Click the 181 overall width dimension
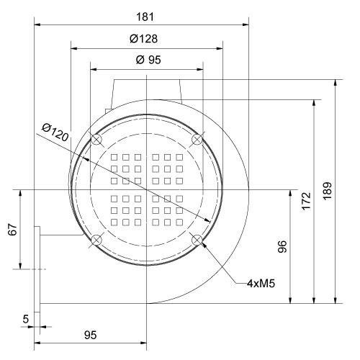pos(141,15)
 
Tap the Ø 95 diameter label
pos(148,60)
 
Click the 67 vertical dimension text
pos(12,230)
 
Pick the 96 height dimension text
pos(283,247)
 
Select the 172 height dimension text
pos(305,200)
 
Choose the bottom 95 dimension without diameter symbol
pos(90,336)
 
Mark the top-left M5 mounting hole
pos(96,139)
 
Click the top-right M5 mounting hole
pos(197,139)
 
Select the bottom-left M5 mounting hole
pos(96,239)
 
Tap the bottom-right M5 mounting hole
pos(197,239)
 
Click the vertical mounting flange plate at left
pos(37,266)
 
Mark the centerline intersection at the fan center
pos(147,189)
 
